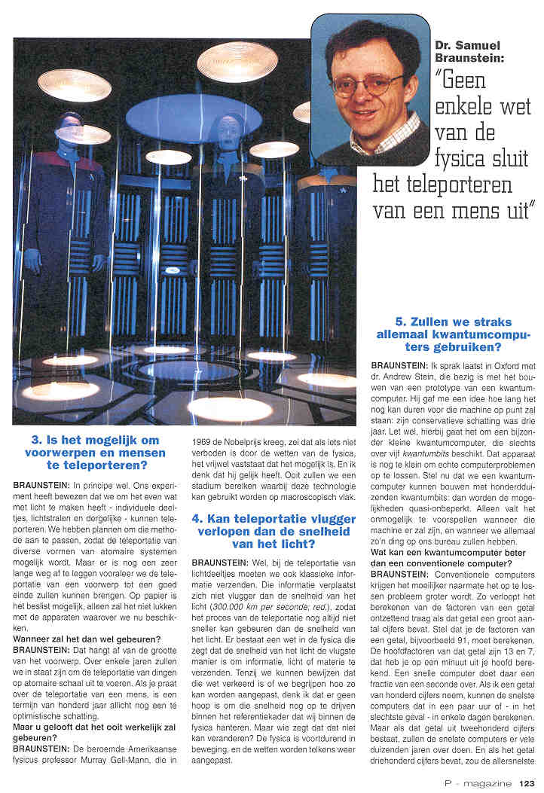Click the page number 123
(x=527, y=783)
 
